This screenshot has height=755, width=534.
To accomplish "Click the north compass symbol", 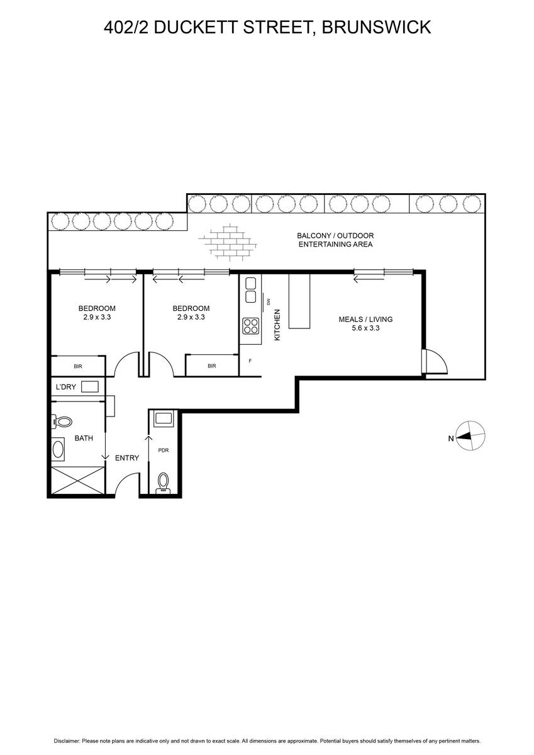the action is (470, 435).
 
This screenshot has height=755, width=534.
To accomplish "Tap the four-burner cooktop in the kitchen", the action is (251, 326).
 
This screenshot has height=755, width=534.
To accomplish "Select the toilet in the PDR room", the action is (164, 482).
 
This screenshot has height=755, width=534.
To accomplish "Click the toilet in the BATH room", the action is (62, 422).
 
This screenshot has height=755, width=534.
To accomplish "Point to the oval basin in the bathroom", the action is (58, 450).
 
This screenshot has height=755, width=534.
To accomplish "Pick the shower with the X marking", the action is (77, 480).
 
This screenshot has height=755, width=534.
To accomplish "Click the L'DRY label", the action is (66, 387).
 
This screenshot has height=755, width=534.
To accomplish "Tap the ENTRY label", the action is (127, 458).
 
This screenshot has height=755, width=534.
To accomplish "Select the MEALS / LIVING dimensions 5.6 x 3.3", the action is (365, 328).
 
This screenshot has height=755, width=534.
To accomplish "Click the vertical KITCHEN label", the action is (277, 325).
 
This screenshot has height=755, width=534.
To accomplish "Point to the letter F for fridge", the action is (250, 361).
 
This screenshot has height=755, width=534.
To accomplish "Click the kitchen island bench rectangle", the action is (299, 301).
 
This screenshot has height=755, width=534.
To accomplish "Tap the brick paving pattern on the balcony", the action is (228, 242).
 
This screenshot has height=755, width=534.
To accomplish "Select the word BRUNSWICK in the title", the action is (376, 27).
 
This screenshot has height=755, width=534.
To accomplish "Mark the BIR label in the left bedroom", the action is (78, 366).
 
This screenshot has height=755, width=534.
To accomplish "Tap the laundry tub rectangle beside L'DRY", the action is (90, 386).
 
